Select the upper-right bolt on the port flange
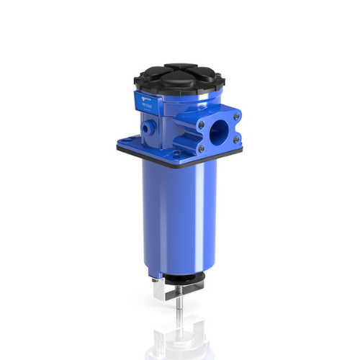(237, 114)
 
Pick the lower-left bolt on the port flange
(201, 148)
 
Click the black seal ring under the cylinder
(180, 282)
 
